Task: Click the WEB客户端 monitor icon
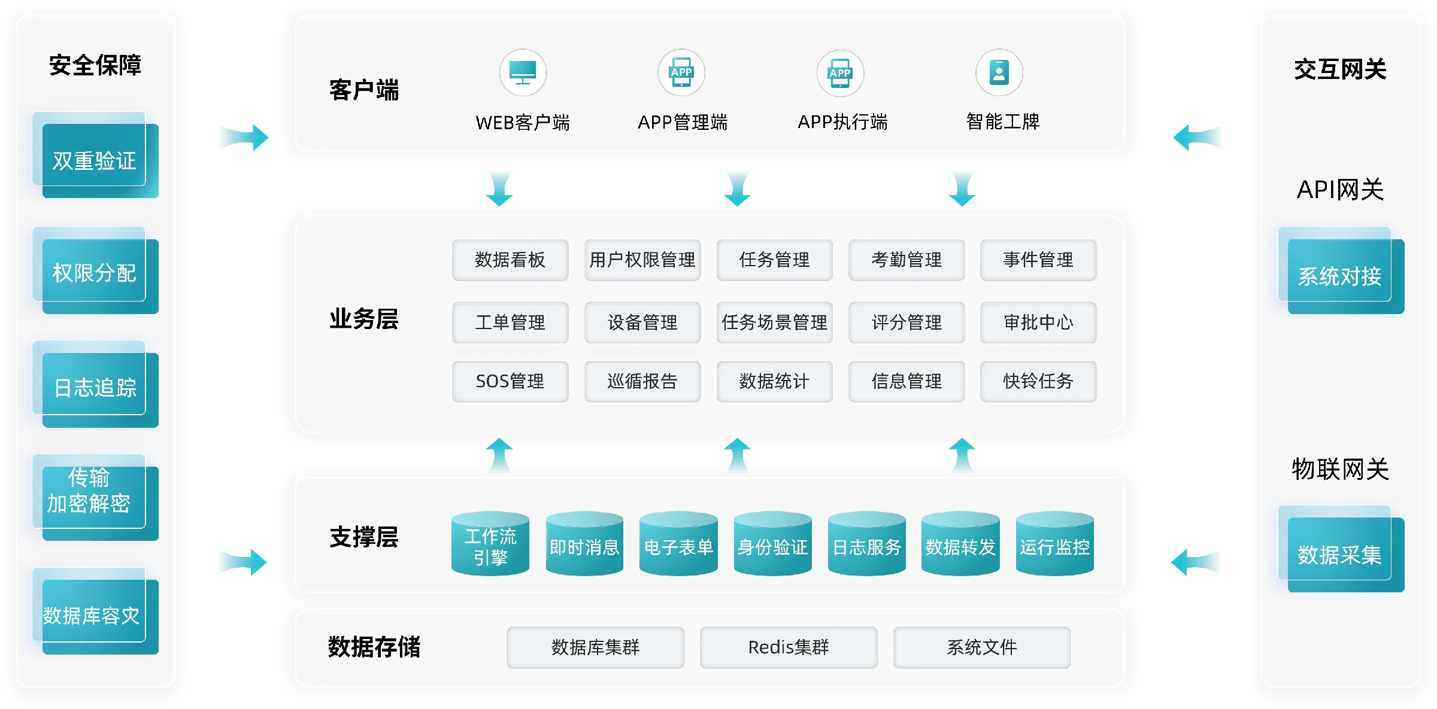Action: [523, 72]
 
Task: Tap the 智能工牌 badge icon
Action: [999, 72]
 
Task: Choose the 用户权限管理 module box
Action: [642, 260]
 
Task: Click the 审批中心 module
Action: [1038, 322]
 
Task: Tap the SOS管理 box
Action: [510, 381]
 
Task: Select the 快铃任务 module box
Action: [1038, 381]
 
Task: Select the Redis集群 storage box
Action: [789, 647]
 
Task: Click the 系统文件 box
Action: [982, 647]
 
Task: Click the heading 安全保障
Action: [95, 65]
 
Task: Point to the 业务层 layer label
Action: [364, 319]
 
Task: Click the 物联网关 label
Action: [1340, 469]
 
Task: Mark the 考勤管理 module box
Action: [907, 260]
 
